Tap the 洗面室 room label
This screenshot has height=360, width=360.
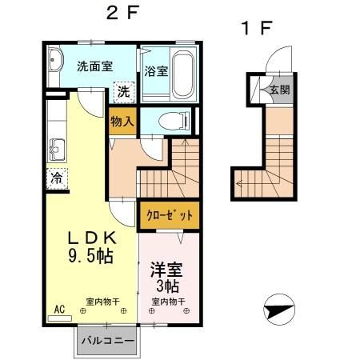94,66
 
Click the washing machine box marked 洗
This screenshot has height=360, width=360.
123,91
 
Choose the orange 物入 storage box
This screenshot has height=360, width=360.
122,121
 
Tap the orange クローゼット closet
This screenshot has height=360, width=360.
167,214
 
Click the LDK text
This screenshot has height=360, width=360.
92,238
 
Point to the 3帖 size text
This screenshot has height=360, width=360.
167,286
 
